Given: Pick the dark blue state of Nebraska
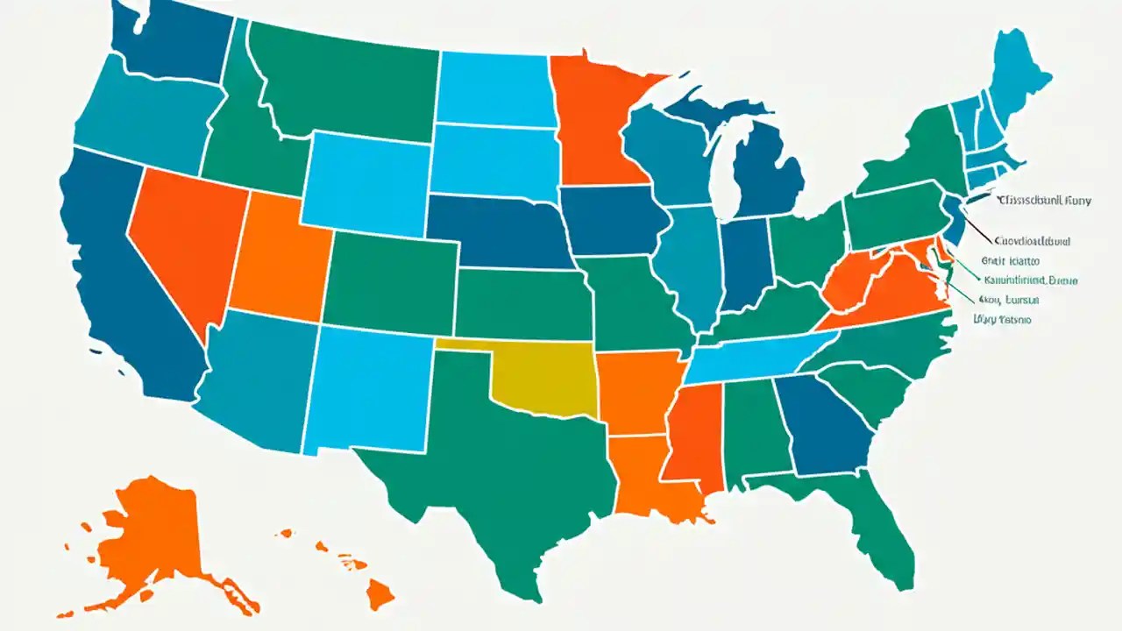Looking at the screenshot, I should [500, 232].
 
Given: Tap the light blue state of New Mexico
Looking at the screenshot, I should [368, 386].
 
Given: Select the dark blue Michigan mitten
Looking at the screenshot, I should [767, 171].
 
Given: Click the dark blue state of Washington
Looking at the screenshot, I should [171, 44].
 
